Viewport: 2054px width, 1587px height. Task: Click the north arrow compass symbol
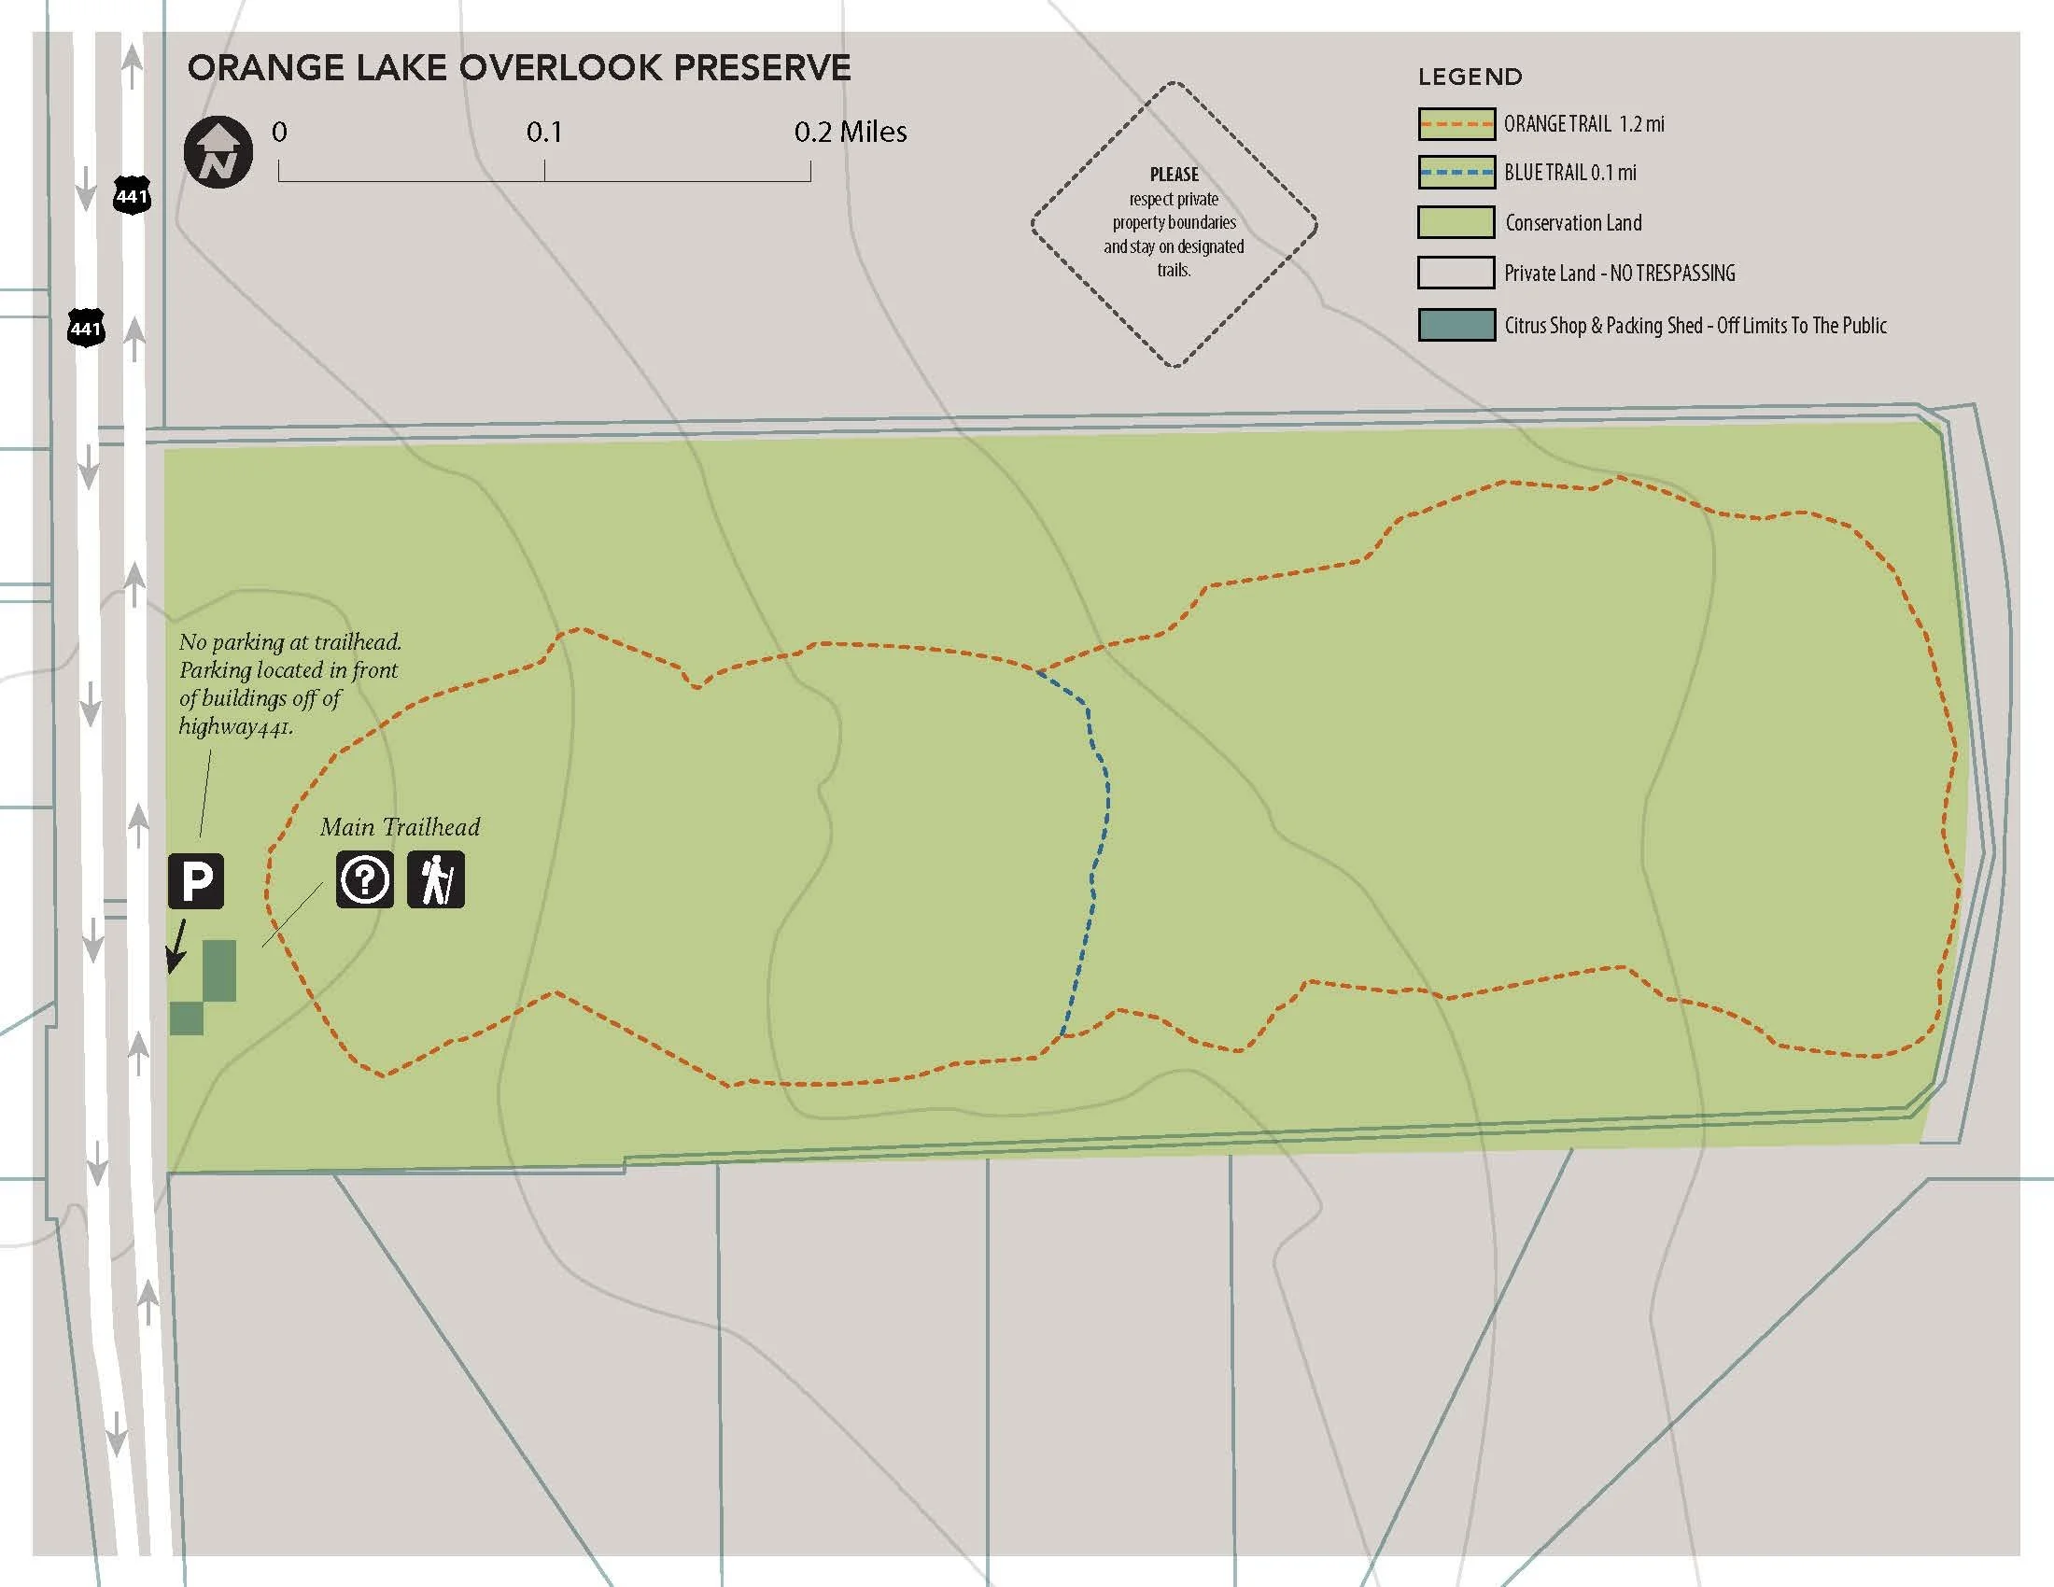point(218,151)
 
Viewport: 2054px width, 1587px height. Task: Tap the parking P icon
point(196,881)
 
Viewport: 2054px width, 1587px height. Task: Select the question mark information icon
point(365,880)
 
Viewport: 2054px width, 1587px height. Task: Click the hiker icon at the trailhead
point(435,880)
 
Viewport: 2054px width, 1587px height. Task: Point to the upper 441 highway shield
point(132,195)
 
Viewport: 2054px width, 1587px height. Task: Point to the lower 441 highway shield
point(86,328)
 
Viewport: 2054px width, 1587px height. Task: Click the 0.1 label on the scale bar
point(543,133)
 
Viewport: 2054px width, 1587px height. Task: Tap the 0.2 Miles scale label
point(851,133)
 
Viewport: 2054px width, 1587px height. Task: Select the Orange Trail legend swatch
point(1456,124)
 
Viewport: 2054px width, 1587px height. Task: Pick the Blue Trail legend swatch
point(1456,173)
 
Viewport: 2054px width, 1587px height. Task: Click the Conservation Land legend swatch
point(1456,223)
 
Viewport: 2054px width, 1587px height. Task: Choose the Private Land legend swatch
point(1456,273)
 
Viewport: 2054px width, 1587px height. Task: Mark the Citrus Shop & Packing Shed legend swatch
point(1456,325)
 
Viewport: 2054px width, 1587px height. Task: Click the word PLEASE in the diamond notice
point(1174,175)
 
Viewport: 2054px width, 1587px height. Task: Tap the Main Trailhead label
point(400,827)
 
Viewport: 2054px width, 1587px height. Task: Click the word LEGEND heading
point(1470,77)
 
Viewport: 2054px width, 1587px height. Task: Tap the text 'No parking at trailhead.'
point(289,642)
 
